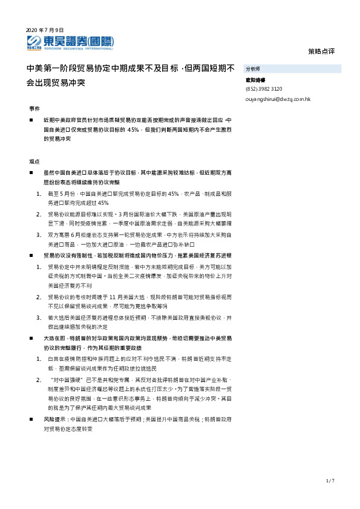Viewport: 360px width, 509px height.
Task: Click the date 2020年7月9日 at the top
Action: coord(45,30)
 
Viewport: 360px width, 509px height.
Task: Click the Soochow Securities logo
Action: coord(70,42)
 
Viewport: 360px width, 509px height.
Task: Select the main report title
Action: coord(131,75)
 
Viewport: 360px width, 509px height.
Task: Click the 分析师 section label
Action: coord(253,70)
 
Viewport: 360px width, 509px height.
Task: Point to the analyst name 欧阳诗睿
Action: coord(255,80)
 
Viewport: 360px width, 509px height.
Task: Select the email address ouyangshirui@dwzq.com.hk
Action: coord(278,99)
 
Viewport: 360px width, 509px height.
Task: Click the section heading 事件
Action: coord(34,108)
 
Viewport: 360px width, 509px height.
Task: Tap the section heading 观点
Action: coord(34,161)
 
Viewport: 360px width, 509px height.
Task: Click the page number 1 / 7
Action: coord(330,481)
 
